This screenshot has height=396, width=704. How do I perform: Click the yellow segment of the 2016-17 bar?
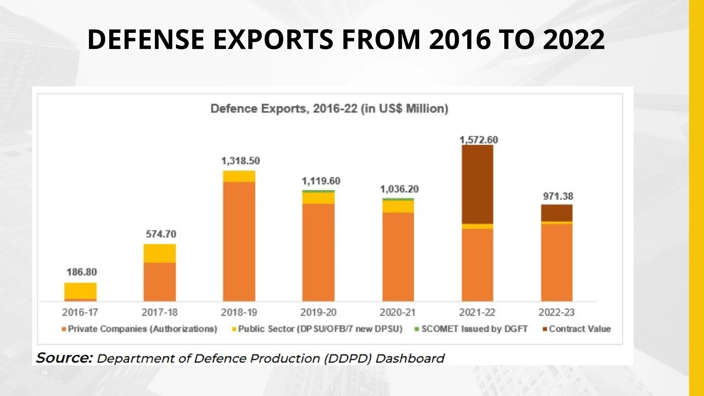[80, 291]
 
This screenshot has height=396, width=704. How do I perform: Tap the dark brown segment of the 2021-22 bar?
[477, 184]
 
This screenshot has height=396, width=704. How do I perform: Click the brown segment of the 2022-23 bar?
[557, 213]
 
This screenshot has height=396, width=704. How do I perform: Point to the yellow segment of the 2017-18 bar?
[159, 253]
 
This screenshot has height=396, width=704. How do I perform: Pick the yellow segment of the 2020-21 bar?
[398, 206]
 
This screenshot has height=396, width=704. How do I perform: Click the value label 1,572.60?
[478, 140]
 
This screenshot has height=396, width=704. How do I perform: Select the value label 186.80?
[81, 272]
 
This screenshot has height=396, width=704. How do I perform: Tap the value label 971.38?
[558, 196]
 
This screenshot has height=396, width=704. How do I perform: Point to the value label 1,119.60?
[321, 181]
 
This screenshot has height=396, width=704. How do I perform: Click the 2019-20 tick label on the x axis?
[318, 312]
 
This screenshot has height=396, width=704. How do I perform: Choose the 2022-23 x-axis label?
[557, 312]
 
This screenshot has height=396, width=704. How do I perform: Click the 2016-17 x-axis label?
[80, 312]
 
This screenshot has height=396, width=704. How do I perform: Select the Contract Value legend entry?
[576, 329]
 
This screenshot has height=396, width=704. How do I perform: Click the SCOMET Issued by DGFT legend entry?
[471, 329]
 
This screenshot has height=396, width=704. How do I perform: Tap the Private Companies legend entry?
[139, 329]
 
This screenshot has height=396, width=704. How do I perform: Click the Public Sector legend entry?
[317, 329]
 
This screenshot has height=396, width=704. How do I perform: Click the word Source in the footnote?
[64, 358]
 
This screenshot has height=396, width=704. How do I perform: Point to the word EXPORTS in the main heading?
[273, 40]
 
